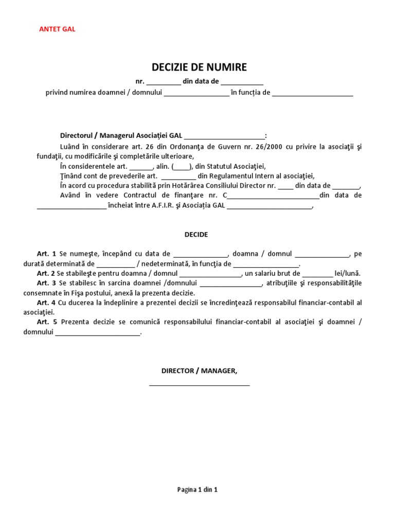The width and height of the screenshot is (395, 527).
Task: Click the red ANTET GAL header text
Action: pyautogui.click(x=57, y=29)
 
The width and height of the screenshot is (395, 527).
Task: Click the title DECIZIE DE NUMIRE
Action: pyautogui.click(x=199, y=67)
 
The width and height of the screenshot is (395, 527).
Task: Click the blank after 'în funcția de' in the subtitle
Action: pyautogui.click(x=312, y=94)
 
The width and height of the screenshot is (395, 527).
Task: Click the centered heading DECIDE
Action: pyautogui.click(x=196, y=234)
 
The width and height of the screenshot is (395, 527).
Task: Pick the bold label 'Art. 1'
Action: pyautogui.click(x=46, y=254)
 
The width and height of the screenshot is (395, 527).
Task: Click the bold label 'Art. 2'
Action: pyautogui.click(x=46, y=273)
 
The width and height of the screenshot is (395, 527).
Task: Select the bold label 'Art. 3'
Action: pyautogui.click(x=46, y=283)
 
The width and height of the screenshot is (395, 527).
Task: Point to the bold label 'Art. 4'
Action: pyautogui.click(x=46, y=303)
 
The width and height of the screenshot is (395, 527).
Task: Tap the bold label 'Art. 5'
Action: pyautogui.click(x=46, y=322)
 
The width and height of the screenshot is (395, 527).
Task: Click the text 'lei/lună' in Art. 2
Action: pyautogui.click(x=348, y=273)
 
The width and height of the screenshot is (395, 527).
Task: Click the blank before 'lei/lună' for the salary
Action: pyautogui.click(x=318, y=275)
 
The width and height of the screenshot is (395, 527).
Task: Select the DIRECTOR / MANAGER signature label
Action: pyautogui.click(x=199, y=371)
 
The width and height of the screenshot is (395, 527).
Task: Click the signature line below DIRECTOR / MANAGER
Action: pyautogui.click(x=199, y=384)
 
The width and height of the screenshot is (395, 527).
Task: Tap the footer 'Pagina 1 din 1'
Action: pyautogui.click(x=197, y=490)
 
